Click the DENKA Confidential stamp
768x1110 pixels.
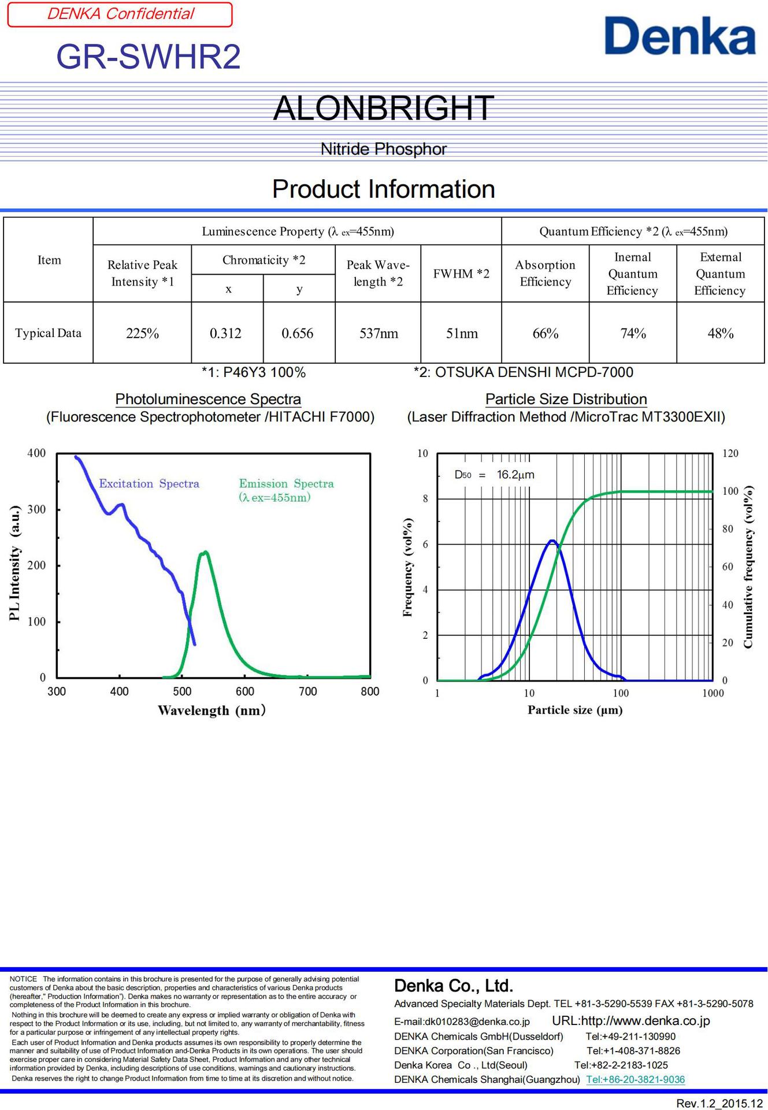[120, 14]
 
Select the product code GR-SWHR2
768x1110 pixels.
[149, 57]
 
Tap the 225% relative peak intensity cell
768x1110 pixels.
[142, 334]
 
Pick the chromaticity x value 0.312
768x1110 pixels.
[225, 334]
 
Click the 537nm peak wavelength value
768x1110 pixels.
[379, 334]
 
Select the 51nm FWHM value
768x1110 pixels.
[462, 334]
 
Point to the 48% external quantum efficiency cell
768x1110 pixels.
[721, 334]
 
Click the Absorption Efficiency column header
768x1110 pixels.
[545, 273]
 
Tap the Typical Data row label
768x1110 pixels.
[48, 333]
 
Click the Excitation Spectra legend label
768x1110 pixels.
[149, 484]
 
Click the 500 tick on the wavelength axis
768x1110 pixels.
[182, 691]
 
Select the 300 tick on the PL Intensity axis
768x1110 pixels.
[36, 509]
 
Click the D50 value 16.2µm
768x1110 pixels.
[515, 475]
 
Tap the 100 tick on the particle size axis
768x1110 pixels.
[621, 693]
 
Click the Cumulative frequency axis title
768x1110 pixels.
[748, 567]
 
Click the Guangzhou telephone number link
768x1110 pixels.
[635, 1079]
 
